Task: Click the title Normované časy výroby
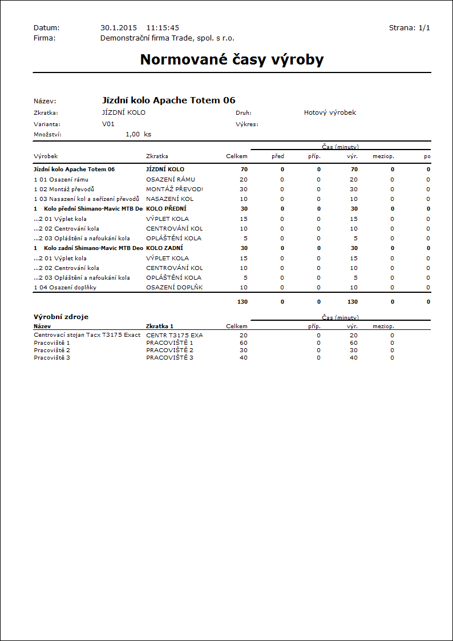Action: pos(232,60)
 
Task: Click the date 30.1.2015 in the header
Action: pos(119,27)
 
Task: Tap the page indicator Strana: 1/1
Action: pos(409,27)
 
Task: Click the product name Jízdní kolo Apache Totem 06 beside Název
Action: pos(168,100)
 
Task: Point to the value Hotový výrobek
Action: pos(330,112)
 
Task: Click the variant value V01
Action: pos(108,123)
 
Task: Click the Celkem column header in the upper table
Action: pos(237,156)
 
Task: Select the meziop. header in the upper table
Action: pos(383,156)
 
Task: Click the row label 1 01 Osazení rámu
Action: pos(61,179)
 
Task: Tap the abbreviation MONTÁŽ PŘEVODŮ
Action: pos(174,189)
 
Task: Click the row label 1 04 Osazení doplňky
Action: pos(65,287)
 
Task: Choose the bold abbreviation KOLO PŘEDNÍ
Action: pos(166,208)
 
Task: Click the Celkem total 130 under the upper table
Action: pos(242,301)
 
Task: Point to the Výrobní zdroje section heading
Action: pos(61,317)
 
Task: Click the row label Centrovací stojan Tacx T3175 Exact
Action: pos(87,335)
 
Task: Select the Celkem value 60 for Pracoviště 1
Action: pos(244,342)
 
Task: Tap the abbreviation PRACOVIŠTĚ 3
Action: pos(169,357)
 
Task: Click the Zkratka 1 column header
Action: pos(160,326)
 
